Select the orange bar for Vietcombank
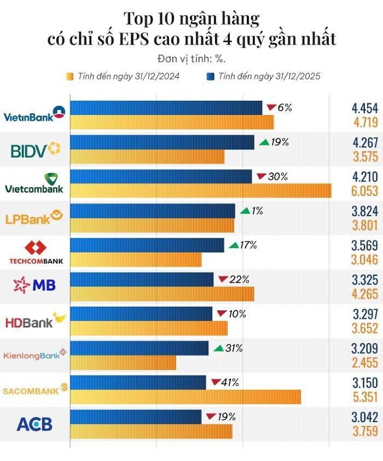(200, 191)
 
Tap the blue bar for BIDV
(163, 142)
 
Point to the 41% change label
(230, 382)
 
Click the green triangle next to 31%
(218, 348)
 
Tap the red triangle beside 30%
(260, 176)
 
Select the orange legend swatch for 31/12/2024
(69, 76)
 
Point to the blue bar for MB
(142, 280)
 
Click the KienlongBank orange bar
(123, 362)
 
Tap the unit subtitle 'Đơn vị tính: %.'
(191, 58)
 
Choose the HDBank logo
(35, 321)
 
